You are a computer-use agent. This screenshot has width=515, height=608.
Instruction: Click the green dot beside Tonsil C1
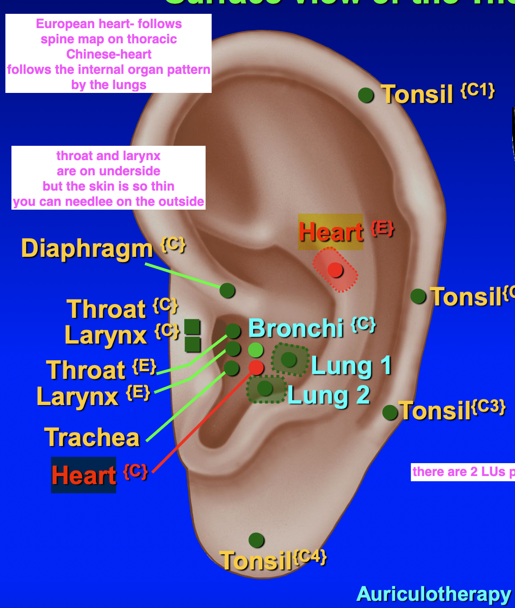(x=366, y=95)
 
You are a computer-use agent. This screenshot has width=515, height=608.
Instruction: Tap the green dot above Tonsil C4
(x=256, y=540)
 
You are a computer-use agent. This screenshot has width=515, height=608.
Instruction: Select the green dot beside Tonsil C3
(x=390, y=412)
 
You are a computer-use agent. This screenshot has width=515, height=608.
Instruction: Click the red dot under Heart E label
(x=335, y=270)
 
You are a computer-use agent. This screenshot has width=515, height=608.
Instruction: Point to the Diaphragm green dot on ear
(x=228, y=290)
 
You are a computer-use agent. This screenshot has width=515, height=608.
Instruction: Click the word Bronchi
(x=296, y=328)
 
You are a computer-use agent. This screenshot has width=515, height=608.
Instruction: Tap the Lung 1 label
(x=351, y=366)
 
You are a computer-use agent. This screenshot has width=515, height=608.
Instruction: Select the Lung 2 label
(x=328, y=395)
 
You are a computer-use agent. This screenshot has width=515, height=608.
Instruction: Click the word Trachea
(x=92, y=437)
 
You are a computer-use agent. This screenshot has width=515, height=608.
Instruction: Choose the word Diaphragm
(x=87, y=249)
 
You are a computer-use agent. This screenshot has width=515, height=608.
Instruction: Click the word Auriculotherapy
(x=433, y=594)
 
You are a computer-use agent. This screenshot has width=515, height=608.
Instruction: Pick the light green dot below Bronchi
(x=256, y=350)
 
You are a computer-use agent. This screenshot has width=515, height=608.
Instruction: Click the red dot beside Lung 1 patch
(x=256, y=367)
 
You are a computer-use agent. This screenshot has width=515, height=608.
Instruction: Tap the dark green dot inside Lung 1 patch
(x=288, y=359)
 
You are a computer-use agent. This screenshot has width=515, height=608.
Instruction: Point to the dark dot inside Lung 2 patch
(x=265, y=388)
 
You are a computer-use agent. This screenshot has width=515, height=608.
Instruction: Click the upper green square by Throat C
(x=192, y=326)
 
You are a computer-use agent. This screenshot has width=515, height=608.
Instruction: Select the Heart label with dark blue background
(x=84, y=475)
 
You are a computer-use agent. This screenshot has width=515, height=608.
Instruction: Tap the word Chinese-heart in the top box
(x=109, y=54)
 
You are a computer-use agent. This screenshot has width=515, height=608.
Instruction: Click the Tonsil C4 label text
(x=256, y=561)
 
